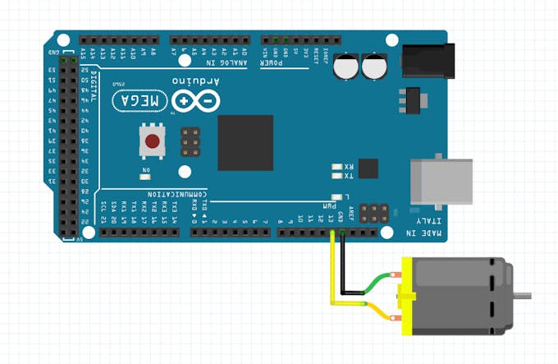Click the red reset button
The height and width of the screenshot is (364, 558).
tap(152, 141)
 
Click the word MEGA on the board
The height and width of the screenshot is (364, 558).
tap(140, 100)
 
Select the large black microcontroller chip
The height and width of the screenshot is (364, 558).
tap(245, 142)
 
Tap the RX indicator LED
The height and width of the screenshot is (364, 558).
tap(336, 167)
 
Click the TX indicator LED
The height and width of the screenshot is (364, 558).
tap(336, 176)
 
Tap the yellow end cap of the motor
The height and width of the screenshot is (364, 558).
tap(406, 296)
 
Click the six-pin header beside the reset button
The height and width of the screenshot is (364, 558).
tap(191, 142)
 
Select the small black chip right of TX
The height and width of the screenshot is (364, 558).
tap(369, 169)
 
